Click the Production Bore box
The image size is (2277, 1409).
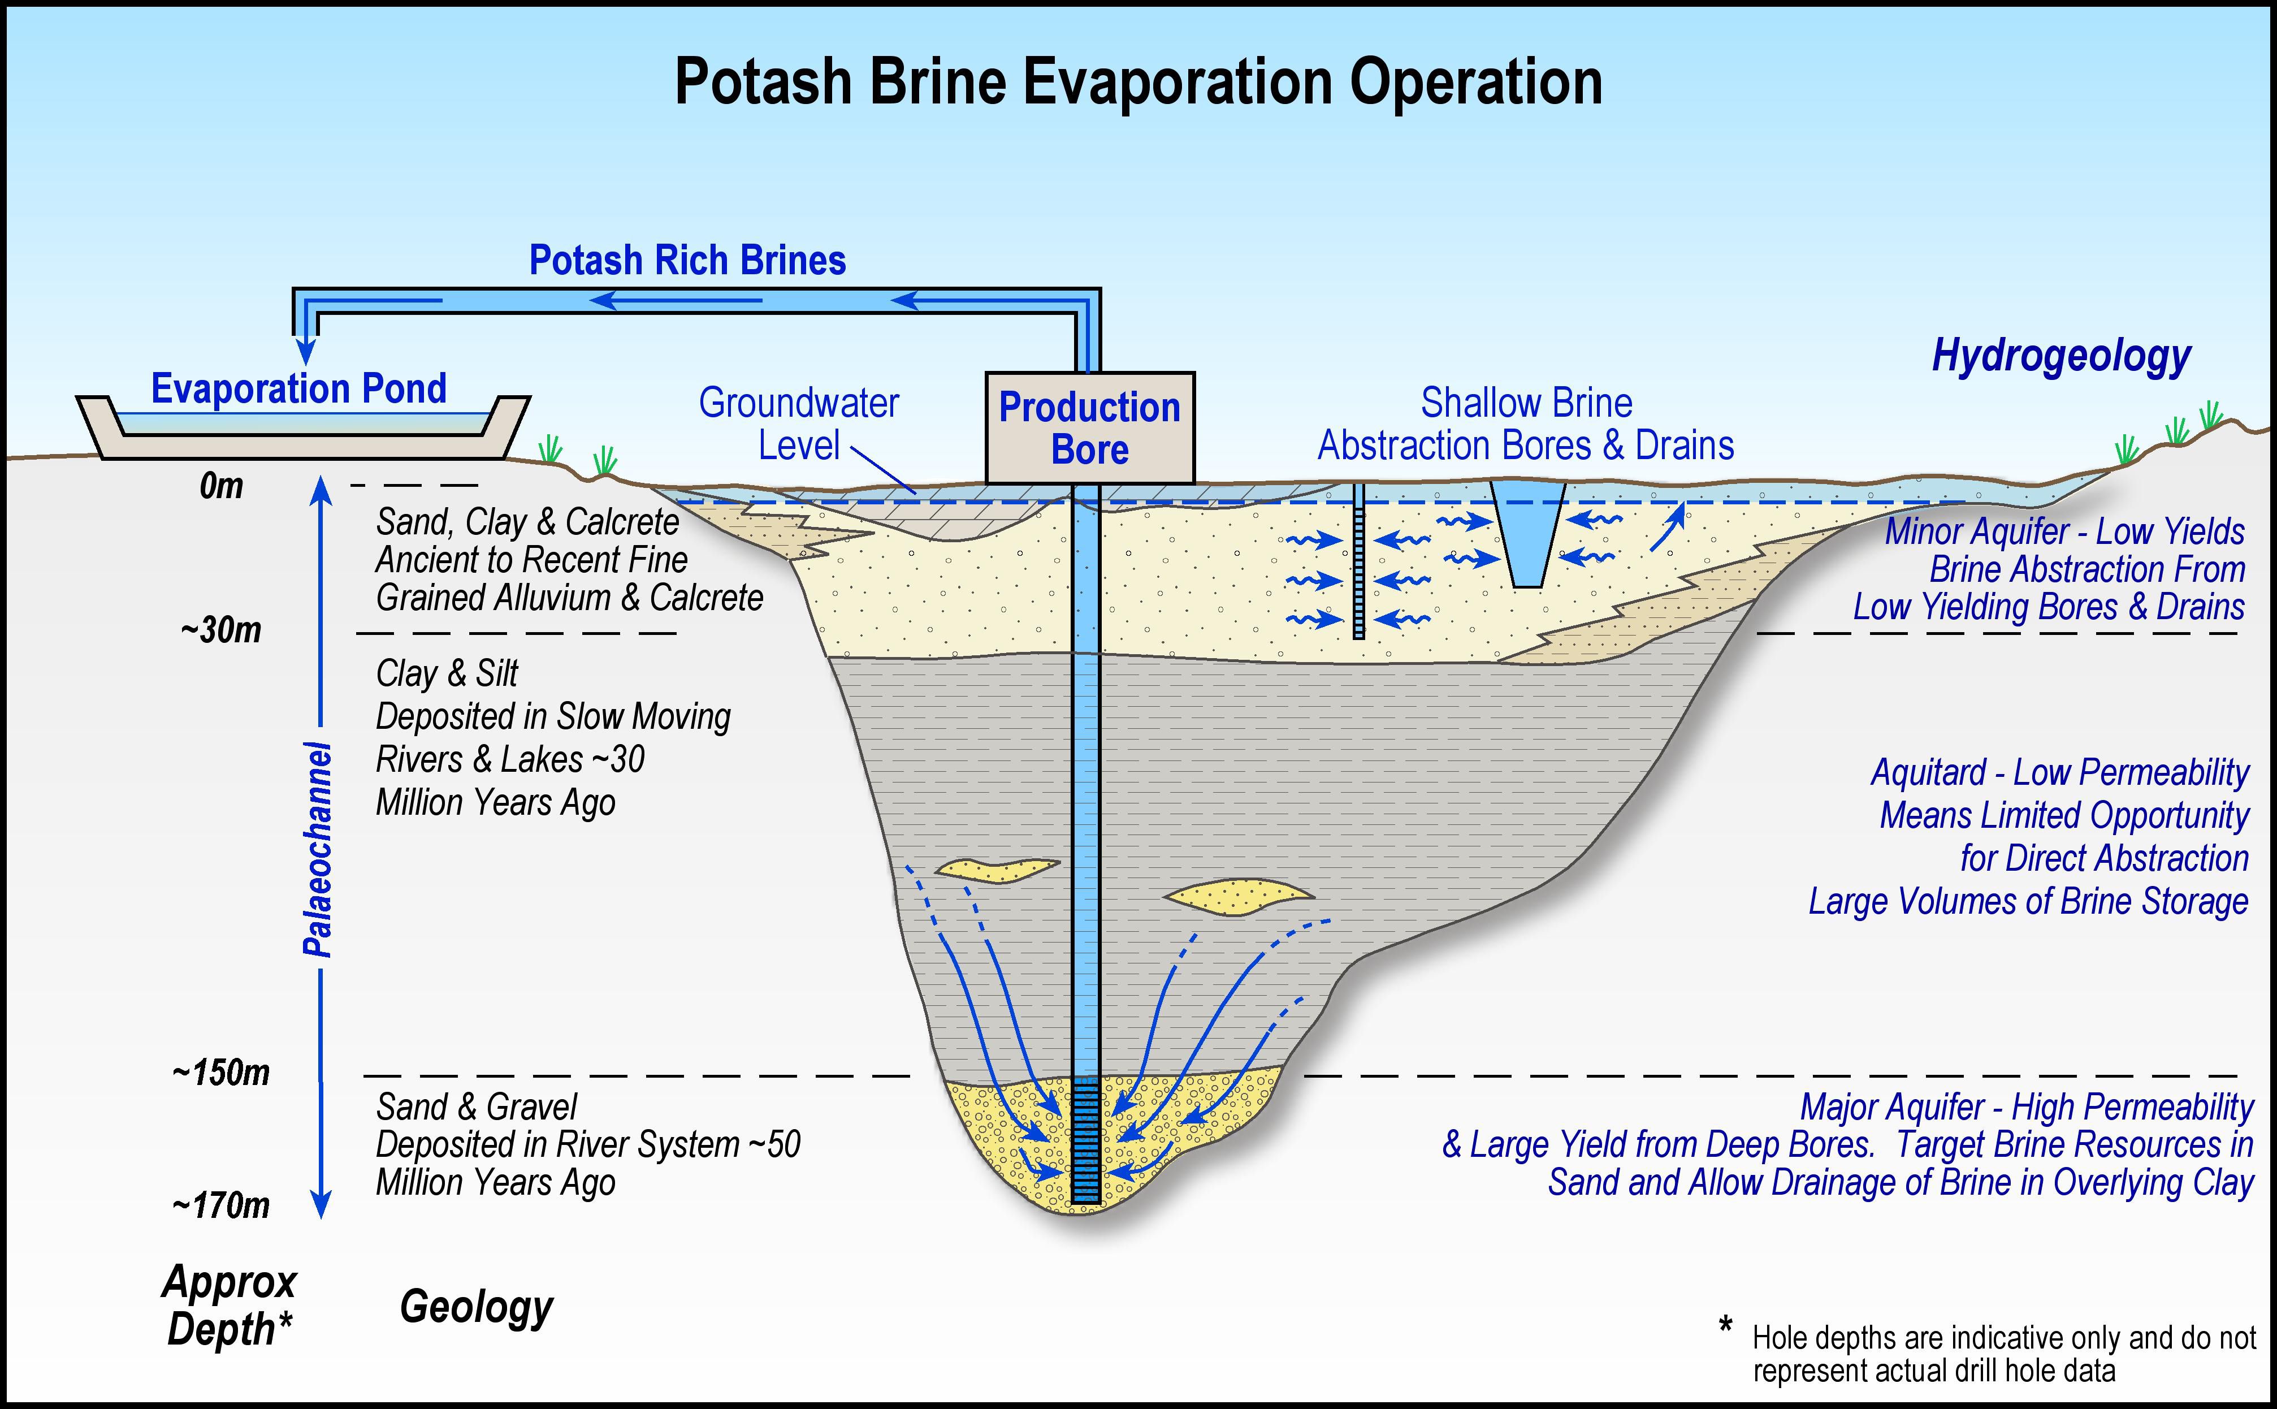click(x=1089, y=429)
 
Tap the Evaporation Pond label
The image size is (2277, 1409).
click(x=299, y=388)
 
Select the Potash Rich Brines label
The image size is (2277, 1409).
click(x=687, y=260)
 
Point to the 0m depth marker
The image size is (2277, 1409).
click(x=221, y=486)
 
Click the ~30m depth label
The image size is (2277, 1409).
click(x=221, y=631)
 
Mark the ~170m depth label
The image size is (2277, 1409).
click(x=221, y=1206)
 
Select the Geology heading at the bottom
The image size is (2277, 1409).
click(x=476, y=1307)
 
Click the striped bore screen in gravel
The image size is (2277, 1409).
click(x=1085, y=1142)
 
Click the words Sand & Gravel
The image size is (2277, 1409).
click(x=476, y=1107)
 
